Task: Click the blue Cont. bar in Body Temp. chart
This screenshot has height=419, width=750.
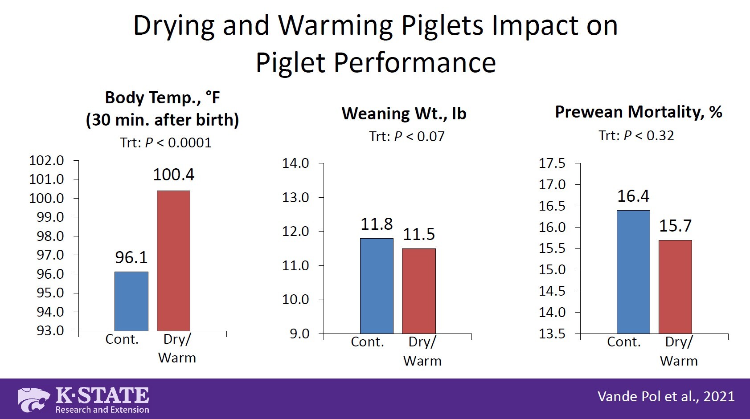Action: (131, 301)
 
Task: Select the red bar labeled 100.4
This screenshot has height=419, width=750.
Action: (174, 261)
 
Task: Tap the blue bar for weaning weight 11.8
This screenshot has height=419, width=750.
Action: (377, 286)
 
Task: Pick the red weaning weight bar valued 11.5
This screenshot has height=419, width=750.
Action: (419, 291)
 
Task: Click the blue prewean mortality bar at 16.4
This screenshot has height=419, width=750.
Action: (633, 272)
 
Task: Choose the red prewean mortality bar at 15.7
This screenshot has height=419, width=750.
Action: (675, 287)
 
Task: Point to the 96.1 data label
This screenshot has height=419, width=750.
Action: (131, 257)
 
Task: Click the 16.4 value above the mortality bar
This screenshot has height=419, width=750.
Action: (633, 196)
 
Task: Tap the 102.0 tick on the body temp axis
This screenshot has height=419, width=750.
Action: (47, 160)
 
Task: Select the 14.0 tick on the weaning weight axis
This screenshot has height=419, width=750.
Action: (295, 163)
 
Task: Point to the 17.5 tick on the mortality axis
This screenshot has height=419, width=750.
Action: (552, 163)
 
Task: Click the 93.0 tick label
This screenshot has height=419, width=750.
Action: (47, 331)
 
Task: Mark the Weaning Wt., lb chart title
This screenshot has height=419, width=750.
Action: (404, 114)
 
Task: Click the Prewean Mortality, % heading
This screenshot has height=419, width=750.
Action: (638, 112)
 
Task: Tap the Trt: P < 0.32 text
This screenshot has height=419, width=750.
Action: (636, 135)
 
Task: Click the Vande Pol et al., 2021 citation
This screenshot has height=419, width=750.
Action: (666, 396)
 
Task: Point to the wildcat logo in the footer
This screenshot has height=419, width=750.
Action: (34, 399)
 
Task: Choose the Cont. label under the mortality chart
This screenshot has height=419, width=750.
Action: (624, 342)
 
